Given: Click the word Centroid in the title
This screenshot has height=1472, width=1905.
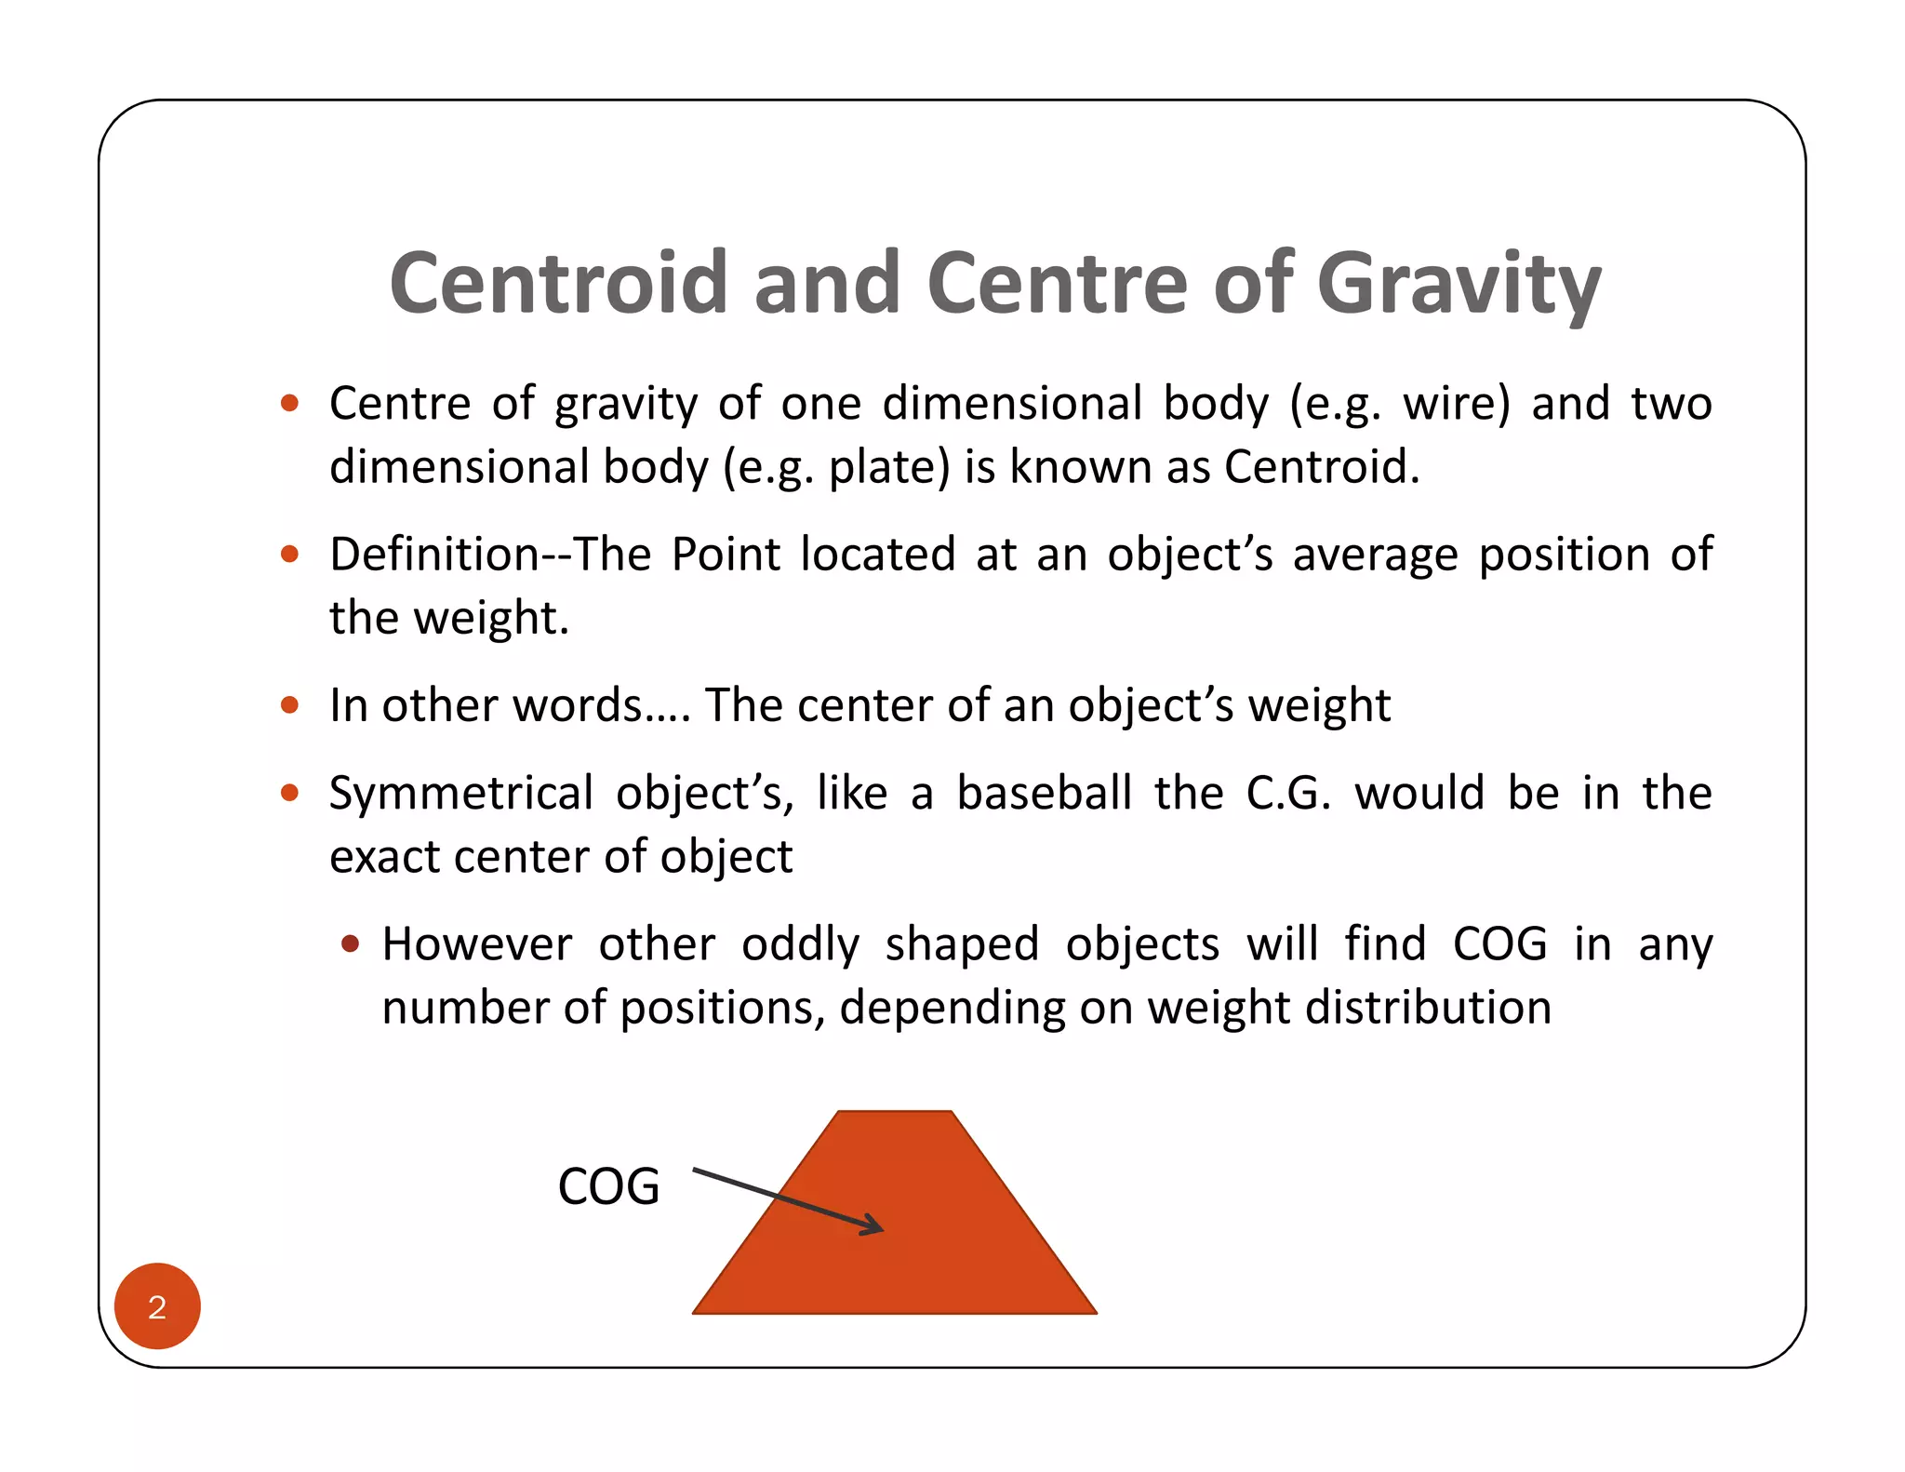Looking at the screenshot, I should pos(558,283).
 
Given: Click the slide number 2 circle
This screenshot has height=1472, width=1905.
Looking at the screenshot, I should pos(157,1306).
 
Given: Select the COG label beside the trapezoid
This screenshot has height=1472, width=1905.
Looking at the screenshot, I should pos(608,1186).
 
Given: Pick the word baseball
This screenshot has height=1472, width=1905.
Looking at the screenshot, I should pos(1044,794).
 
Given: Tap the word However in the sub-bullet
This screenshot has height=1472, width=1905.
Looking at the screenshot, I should pos(477,944).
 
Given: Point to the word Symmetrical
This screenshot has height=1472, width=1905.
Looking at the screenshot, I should pos(461,794).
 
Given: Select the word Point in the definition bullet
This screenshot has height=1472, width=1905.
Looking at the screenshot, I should pos(726,555).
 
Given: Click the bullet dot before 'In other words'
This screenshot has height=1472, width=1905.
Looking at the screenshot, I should pos(289,705).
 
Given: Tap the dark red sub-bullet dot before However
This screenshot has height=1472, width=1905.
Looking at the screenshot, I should pos(350,944).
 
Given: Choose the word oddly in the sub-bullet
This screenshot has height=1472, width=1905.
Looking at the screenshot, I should pos(800,945).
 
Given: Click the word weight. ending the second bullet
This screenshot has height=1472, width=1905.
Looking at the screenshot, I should pos(490,619).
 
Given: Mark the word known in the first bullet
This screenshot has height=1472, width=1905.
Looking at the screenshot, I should pos(1081,467).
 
